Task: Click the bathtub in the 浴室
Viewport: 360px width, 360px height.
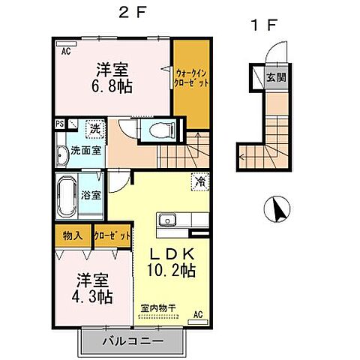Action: click(x=67, y=194)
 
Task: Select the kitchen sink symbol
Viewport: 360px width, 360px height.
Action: click(x=166, y=220)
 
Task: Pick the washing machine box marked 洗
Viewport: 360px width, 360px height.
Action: click(x=94, y=128)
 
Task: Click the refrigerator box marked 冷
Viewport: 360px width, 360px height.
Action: click(x=201, y=180)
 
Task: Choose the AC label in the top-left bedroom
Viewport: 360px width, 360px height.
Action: click(x=66, y=51)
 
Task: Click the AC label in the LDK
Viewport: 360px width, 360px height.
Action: click(x=198, y=313)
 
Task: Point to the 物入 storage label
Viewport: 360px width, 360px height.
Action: click(x=73, y=235)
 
